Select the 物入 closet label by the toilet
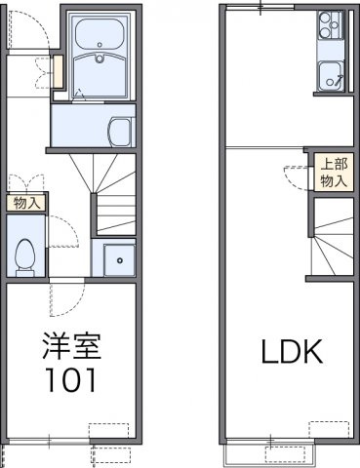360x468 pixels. (x=26, y=203)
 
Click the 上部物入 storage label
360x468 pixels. (x=334, y=174)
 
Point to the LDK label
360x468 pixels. (x=290, y=352)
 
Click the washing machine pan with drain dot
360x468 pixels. (x=117, y=258)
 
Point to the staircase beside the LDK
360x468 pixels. (x=330, y=243)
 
